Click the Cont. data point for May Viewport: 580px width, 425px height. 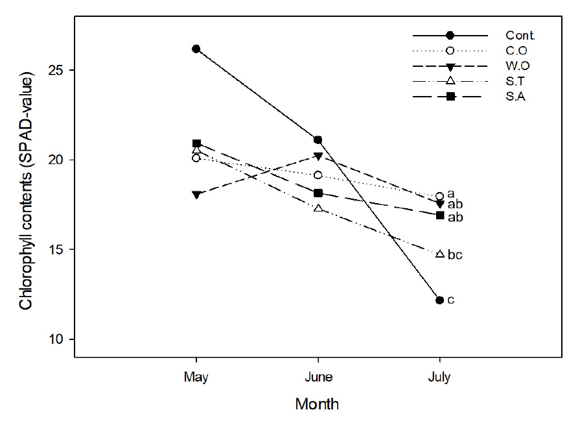tap(196, 49)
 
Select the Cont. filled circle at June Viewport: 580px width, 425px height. tap(318, 140)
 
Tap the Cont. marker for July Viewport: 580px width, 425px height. tap(440, 300)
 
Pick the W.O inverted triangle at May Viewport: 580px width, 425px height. tap(196, 195)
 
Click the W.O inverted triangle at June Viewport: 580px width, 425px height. tap(318, 156)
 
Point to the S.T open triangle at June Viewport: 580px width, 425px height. tap(318, 208)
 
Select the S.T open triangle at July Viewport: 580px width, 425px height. tap(440, 254)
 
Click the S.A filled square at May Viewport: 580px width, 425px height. tap(196, 143)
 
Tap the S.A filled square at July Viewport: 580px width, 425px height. tap(440, 215)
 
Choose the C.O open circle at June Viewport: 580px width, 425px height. tap(318, 175)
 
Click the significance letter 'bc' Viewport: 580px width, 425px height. tap(454, 255)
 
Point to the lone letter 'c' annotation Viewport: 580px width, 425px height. tap(450, 300)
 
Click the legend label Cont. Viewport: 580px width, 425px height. tap(520, 35)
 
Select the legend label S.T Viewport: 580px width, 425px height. tap(516, 81)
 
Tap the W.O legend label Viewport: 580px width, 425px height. tap(518, 66)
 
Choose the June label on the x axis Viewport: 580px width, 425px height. tap(318, 377)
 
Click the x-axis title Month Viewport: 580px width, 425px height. tap(317, 404)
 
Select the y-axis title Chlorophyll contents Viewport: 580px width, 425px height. tap(26, 193)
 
